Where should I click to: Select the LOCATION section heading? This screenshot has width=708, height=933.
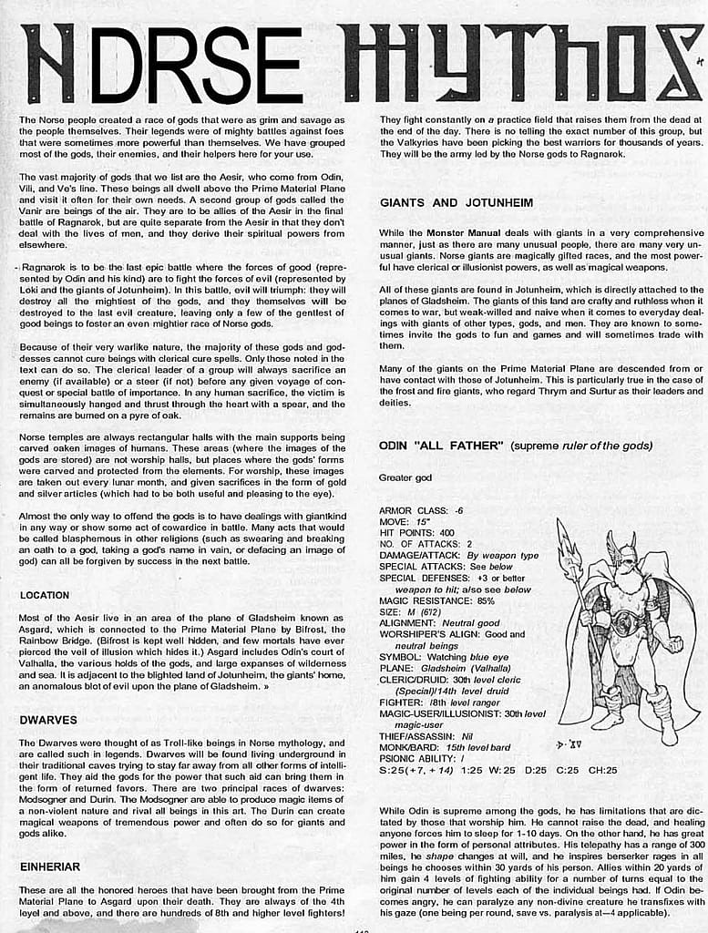click(45, 595)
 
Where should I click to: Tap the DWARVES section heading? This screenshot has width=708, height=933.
click(48, 720)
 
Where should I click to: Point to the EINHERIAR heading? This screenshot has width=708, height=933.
click(50, 866)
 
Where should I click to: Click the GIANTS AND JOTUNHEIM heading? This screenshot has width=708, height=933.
click(457, 202)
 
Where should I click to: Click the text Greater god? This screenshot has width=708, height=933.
click(405, 477)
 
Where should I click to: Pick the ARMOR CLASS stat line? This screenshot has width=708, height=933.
click(421, 511)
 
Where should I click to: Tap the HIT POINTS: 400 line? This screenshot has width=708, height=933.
click(416, 533)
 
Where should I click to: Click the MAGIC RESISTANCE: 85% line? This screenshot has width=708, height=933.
click(436, 600)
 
